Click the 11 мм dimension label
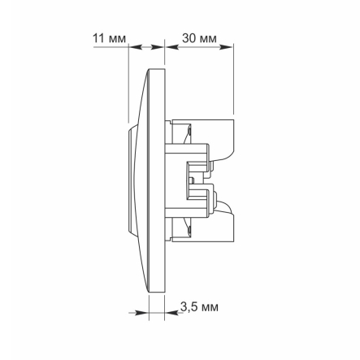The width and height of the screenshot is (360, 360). pos(110,38)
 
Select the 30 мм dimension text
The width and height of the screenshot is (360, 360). pos(199,38)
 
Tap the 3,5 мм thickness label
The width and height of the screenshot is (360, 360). pos(199,307)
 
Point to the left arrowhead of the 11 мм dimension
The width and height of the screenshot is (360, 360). pos(135,47)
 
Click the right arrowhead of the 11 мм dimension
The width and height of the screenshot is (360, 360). pos(158,47)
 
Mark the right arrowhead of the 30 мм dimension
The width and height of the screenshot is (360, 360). pos(226,47)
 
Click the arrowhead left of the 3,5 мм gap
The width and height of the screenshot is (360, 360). pos(142,313)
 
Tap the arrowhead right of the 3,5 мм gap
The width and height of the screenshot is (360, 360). pos(171,313)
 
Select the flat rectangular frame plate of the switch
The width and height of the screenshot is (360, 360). pos(157,180)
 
